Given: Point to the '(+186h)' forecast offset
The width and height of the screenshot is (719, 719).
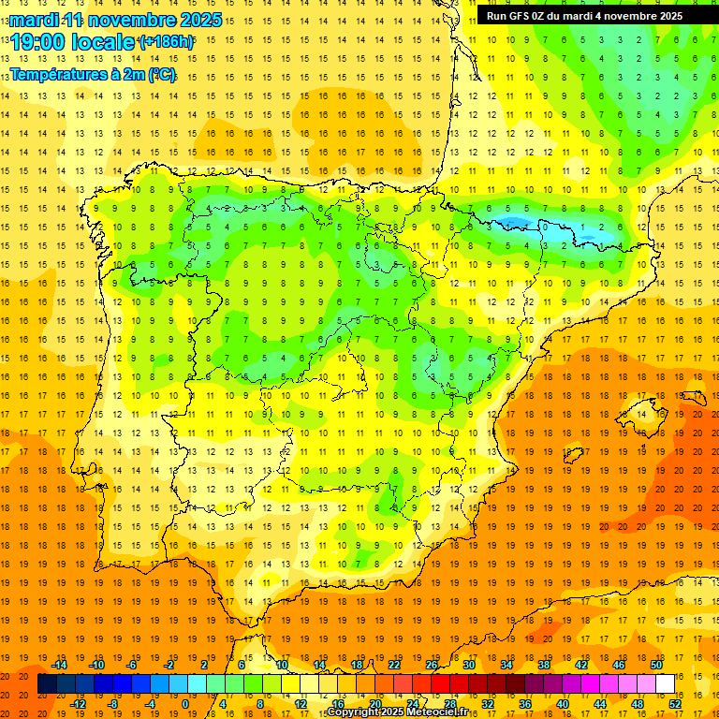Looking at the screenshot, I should point(166,42).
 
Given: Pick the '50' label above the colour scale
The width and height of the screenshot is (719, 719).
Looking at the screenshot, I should point(657,665).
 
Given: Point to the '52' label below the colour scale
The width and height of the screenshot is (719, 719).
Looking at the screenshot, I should point(675,703).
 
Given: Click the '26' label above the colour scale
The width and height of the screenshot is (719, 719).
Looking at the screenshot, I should point(432,665).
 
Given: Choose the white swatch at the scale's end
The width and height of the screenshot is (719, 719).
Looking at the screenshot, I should point(665,684).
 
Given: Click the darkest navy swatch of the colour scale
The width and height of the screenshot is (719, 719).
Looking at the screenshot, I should point(47,684).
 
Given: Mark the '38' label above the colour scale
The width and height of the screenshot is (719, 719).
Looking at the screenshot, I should point(544,665).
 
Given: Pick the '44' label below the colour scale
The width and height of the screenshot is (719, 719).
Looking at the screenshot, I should point(600,703).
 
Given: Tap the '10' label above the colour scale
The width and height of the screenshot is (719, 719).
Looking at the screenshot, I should point(282,665).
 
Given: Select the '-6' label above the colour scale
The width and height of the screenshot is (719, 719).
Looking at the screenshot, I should point(132,665).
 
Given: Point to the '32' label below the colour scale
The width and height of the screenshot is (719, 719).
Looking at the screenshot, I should point(488,703).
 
